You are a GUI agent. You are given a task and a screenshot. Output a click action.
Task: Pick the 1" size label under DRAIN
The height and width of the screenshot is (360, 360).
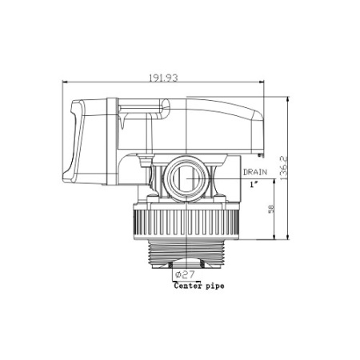[253, 184]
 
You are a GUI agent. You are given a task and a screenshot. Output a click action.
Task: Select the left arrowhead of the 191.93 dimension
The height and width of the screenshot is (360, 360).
[65, 82]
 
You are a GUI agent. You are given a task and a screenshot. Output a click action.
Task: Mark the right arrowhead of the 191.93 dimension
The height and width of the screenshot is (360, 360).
[285, 82]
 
